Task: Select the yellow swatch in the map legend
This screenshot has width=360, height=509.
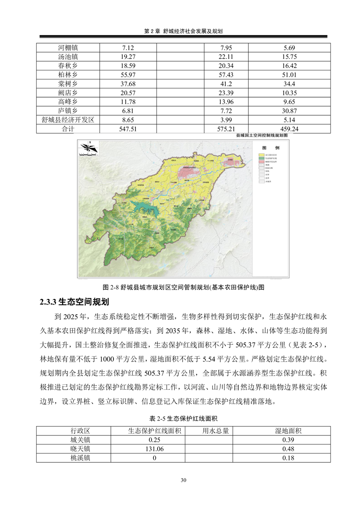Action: coord(261,156)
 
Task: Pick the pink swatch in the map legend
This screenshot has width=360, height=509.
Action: coord(261,162)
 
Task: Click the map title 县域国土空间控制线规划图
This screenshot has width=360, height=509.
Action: coord(262,135)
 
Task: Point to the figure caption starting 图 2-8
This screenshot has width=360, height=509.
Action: coord(183,287)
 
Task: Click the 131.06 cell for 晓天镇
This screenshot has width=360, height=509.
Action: coord(154,449)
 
